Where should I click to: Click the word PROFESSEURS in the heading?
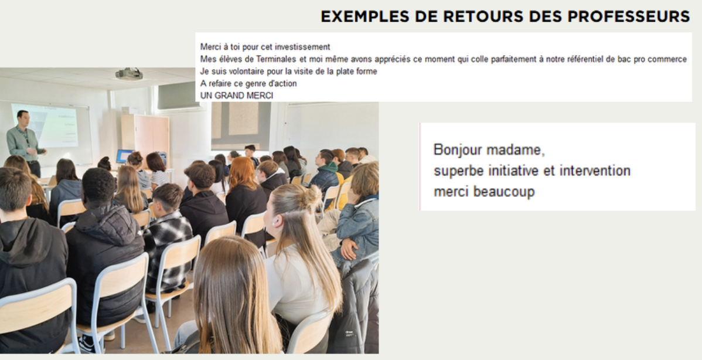coord(629,16)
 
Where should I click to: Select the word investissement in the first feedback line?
coord(302,46)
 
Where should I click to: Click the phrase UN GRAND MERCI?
coord(236,96)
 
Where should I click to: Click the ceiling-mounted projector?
coord(129,74)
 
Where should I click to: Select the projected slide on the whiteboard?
coord(45,125)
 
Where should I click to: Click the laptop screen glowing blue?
coord(124,156)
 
